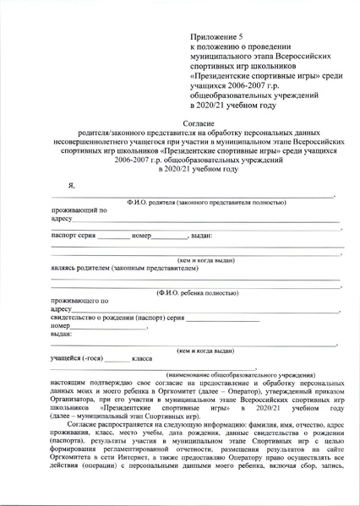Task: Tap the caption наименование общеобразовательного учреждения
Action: click(x=241, y=374)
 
